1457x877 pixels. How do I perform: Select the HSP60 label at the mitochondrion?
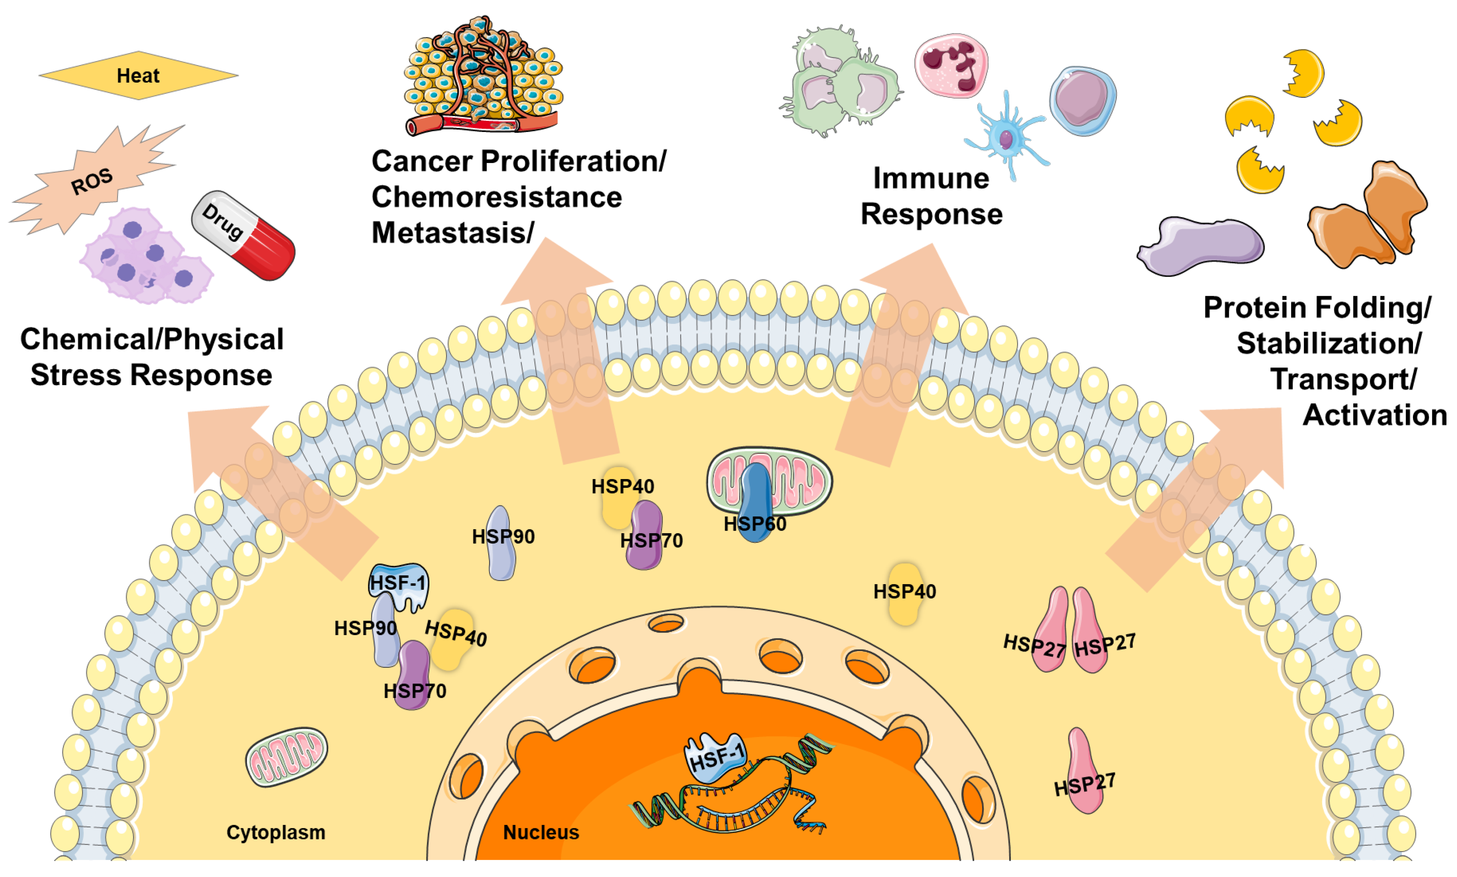pos(754,523)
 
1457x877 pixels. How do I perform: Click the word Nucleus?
pos(540,832)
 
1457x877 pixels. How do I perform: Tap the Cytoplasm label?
pos(275,832)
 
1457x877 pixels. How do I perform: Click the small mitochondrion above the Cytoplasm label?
pos(286,757)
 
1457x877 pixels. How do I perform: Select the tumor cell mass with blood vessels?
pos(483,77)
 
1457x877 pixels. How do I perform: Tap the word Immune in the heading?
pos(930,179)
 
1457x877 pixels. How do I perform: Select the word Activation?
pos(1374,415)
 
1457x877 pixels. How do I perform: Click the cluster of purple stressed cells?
pos(145,257)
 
